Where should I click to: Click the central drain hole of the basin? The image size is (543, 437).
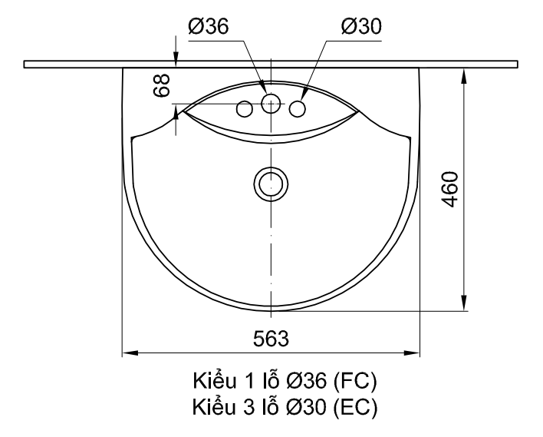point(270,184)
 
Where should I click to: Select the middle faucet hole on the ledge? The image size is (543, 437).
point(271,104)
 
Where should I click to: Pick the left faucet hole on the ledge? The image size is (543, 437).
point(245,110)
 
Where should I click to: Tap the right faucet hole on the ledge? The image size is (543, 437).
point(297,110)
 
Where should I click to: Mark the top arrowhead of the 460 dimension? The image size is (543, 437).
point(465,74)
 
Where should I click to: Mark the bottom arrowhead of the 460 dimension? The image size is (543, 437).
point(465,305)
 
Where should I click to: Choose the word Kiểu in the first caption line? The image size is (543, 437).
point(209,382)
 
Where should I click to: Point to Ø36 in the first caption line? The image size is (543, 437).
point(306,382)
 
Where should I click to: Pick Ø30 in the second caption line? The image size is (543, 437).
point(306,406)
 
